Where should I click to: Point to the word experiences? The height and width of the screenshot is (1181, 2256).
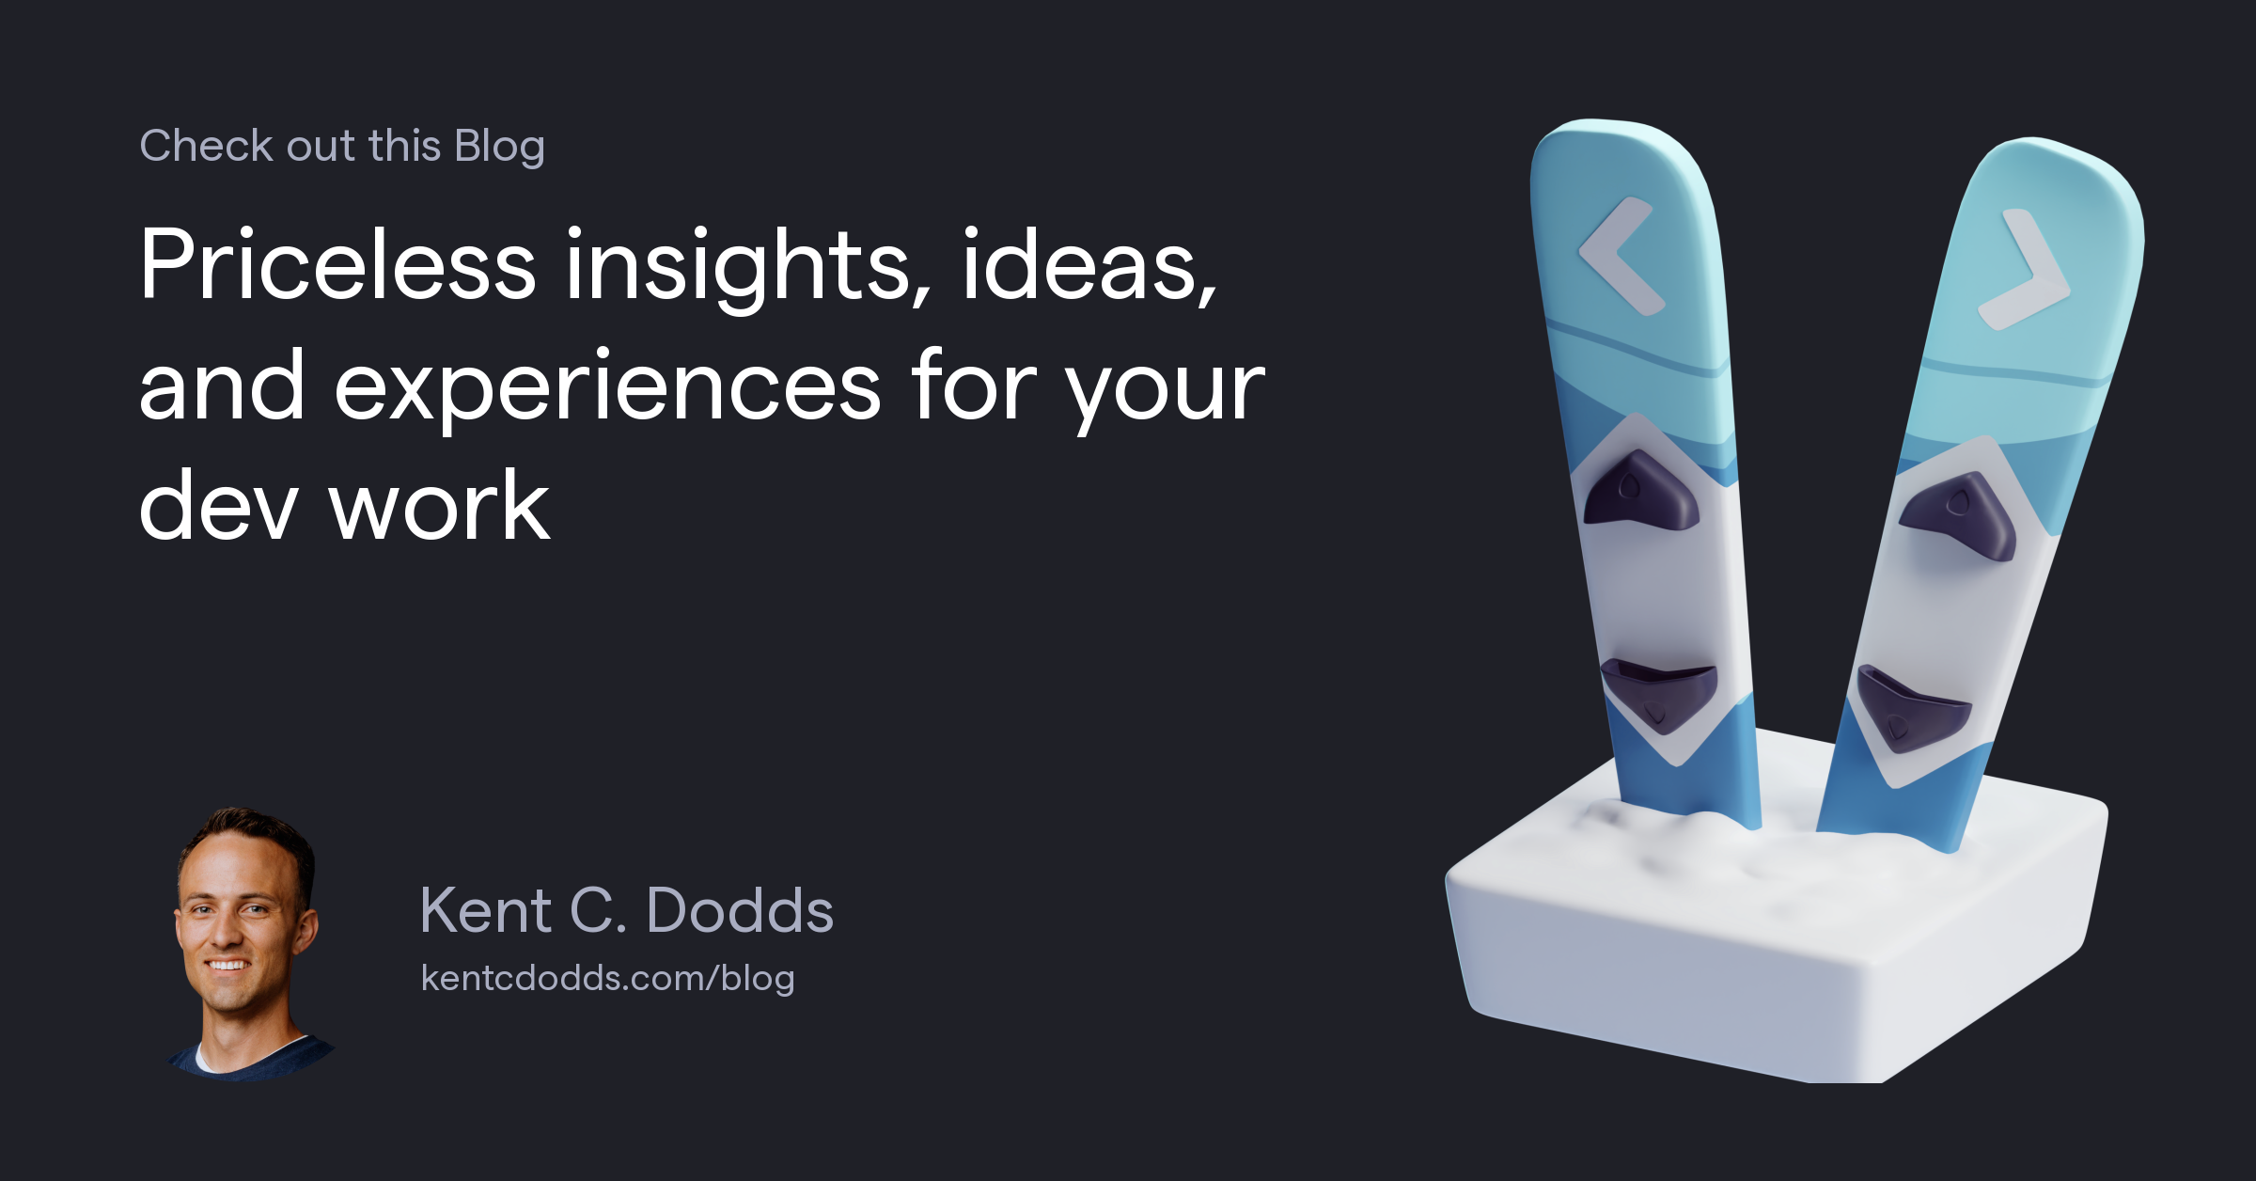(x=607, y=387)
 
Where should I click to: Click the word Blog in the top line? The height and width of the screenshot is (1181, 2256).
(x=499, y=147)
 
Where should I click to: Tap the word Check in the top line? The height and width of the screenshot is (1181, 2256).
(x=207, y=146)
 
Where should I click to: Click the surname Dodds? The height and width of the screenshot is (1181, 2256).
(x=740, y=910)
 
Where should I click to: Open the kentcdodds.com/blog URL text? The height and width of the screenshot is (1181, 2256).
(x=607, y=978)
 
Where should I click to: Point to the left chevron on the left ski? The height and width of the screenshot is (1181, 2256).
(x=1620, y=256)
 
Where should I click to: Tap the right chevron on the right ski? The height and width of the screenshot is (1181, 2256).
(x=2025, y=271)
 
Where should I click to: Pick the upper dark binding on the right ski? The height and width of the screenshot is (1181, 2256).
(x=1961, y=515)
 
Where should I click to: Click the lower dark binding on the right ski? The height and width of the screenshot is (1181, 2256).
(x=1910, y=708)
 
